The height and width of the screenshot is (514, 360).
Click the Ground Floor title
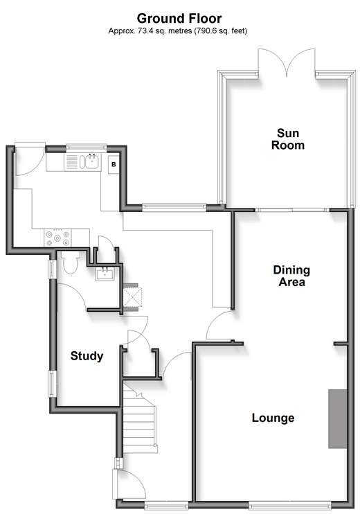(179, 18)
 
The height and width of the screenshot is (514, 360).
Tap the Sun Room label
(288, 139)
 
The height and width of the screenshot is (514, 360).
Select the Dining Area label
(291, 276)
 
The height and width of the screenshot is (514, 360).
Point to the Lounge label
(273, 418)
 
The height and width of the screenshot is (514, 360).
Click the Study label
(87, 356)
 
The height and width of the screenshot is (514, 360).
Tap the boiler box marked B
(114, 164)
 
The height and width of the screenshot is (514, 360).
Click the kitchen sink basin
(93, 161)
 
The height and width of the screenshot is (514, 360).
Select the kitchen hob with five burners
(57, 238)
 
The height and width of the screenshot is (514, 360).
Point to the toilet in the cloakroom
(70, 262)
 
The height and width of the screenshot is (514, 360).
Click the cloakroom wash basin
(105, 274)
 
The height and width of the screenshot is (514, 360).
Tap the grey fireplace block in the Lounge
(338, 418)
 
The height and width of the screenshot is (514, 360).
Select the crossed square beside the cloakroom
(132, 296)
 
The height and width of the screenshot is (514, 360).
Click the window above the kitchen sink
(87, 148)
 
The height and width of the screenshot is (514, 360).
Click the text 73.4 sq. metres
(161, 31)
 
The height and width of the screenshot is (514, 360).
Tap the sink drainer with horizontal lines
(72, 162)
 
